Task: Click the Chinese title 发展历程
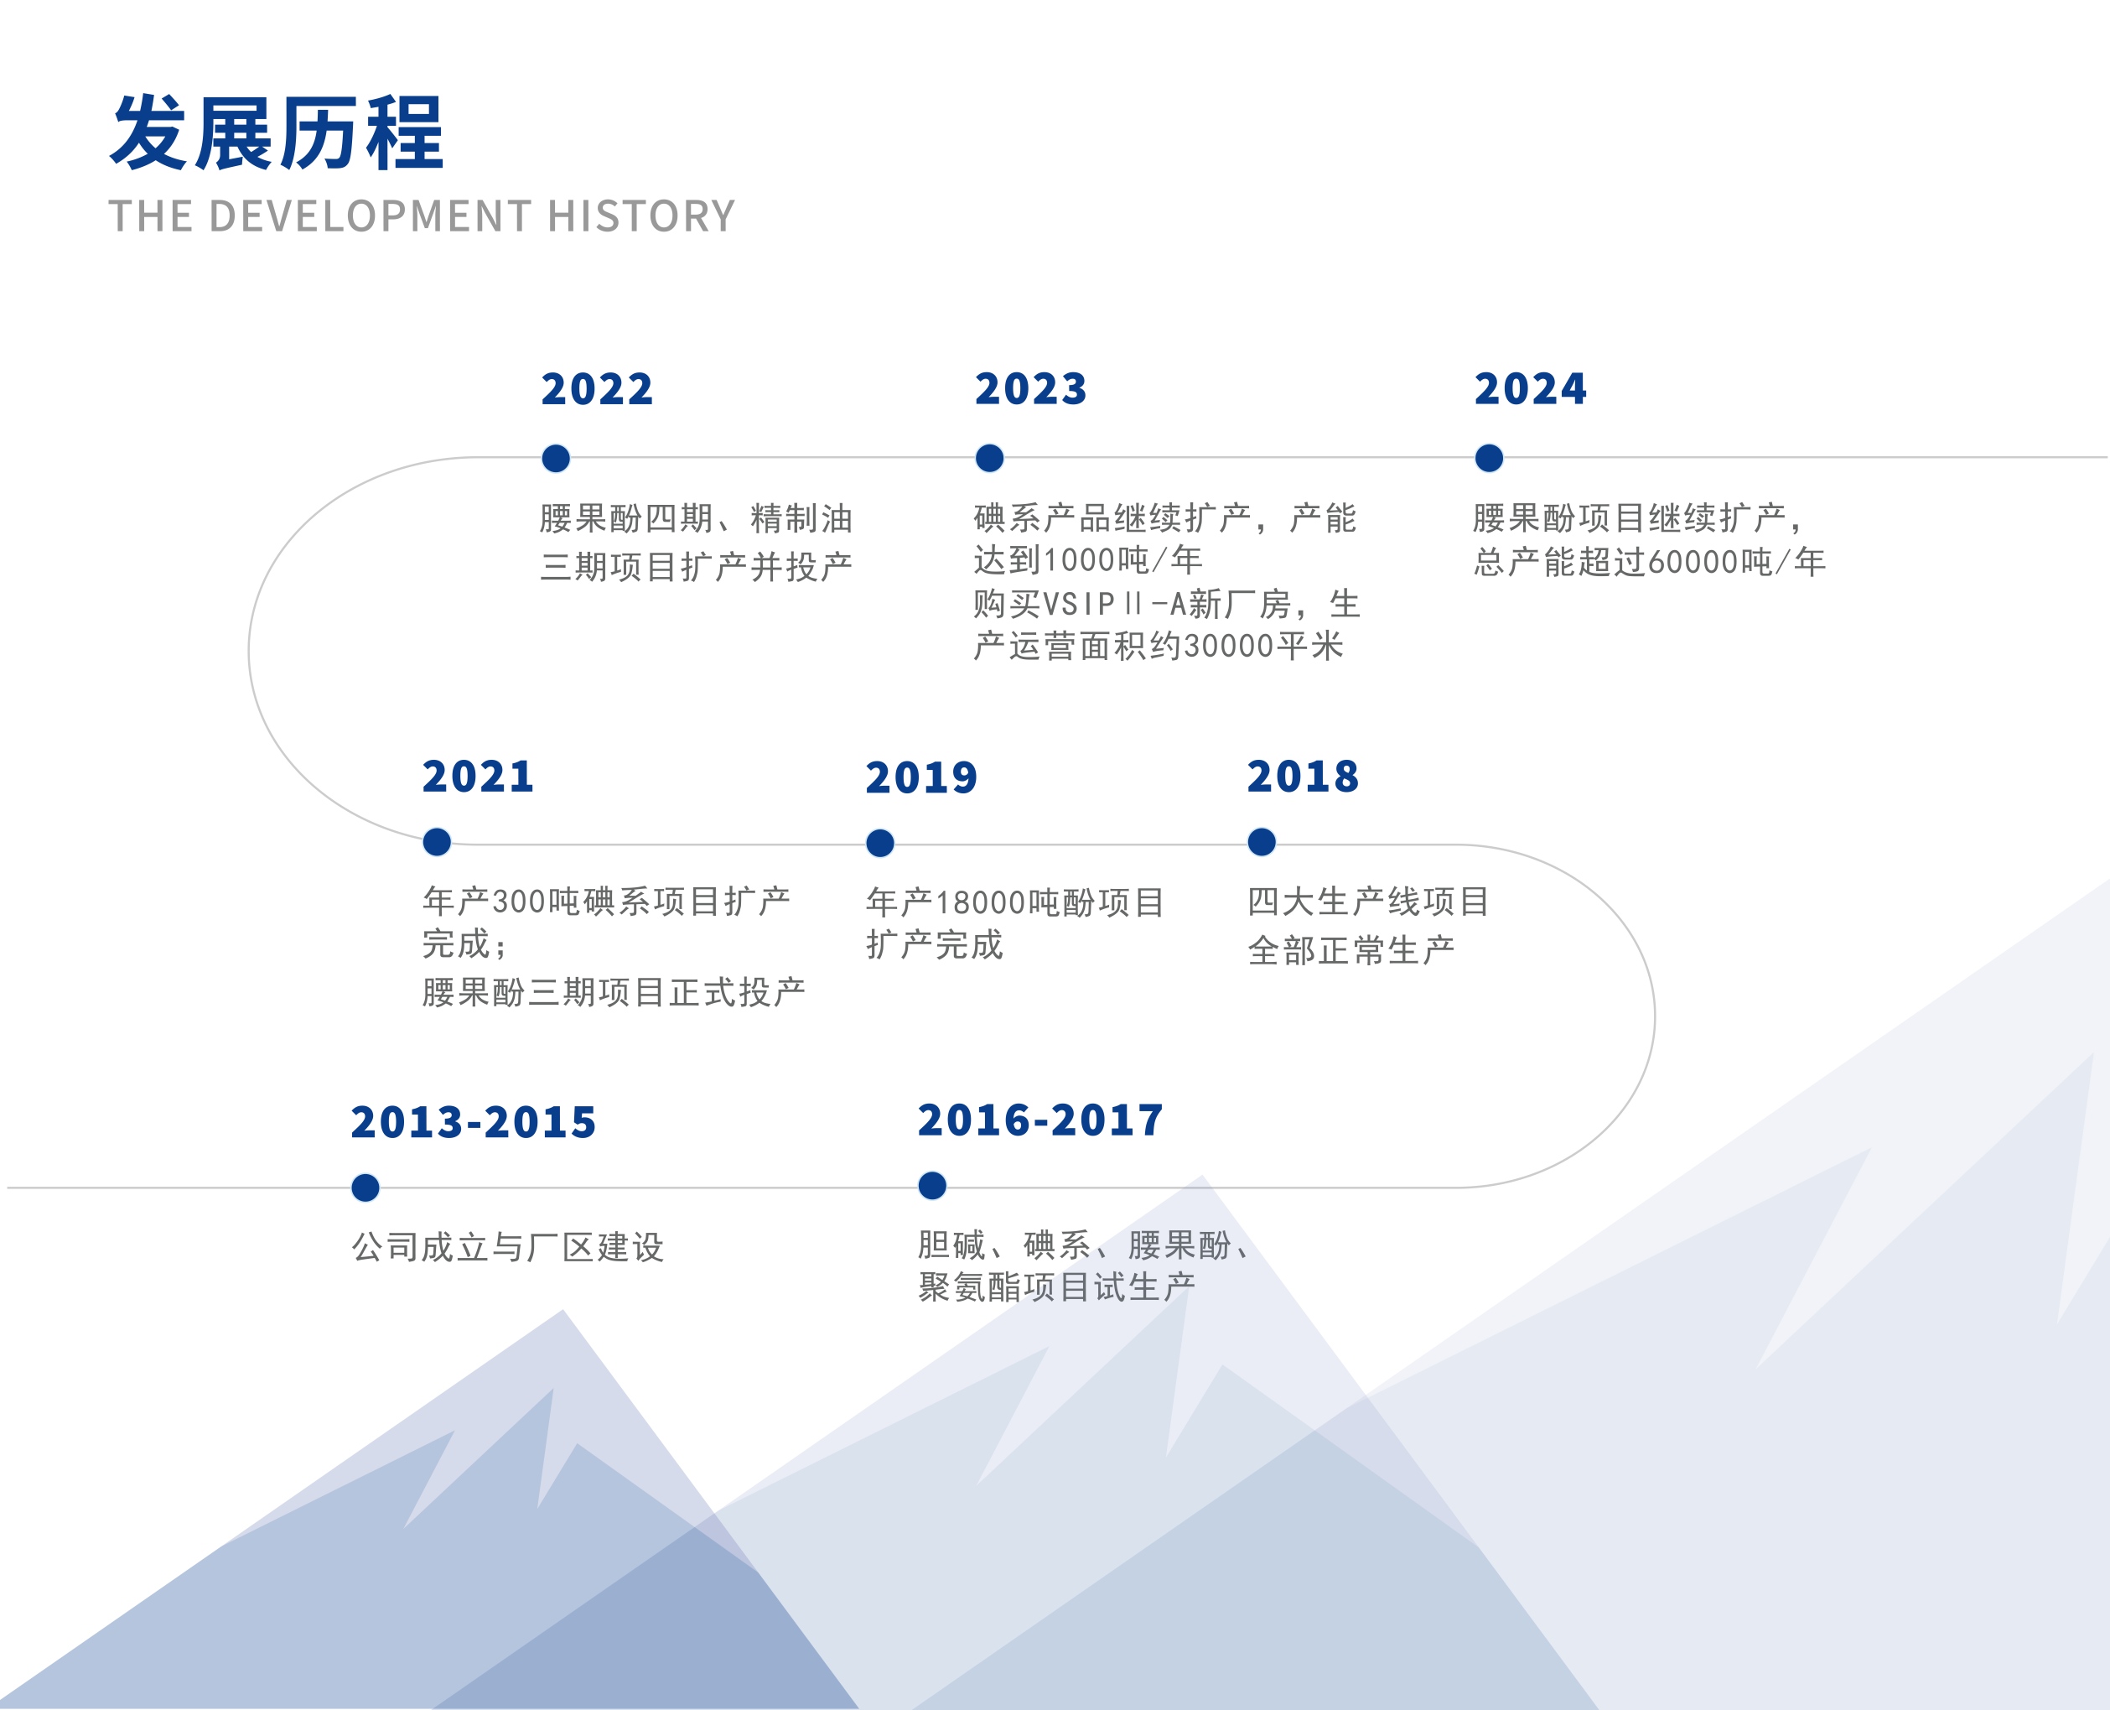coord(277,133)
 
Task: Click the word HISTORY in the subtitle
coord(641,216)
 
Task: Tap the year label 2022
coord(597,389)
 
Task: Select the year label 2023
coord(1031,389)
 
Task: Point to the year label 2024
coord(1530,389)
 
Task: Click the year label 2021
coord(478,777)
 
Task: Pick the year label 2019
coord(920,778)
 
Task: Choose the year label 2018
coord(1303,777)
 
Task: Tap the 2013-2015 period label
coord(474,1123)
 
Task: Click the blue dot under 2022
coord(557,458)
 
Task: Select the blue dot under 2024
coord(1489,458)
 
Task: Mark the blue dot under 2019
coord(880,843)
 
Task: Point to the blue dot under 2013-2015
coord(365,1188)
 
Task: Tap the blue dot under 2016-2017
coord(932,1186)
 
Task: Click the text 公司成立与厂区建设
coord(508,1248)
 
